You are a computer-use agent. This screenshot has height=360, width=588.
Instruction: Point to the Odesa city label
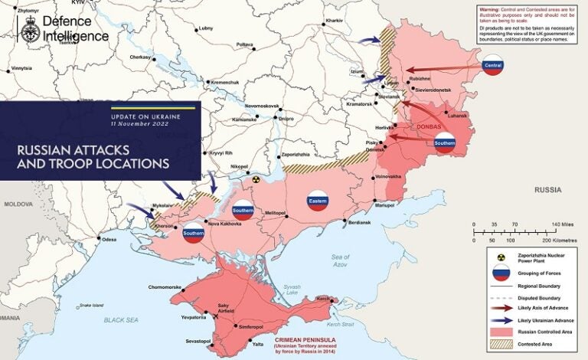pos(109,240)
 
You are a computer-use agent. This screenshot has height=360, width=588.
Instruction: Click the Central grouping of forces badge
pos(492,66)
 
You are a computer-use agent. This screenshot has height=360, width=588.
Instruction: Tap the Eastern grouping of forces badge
pos(317,200)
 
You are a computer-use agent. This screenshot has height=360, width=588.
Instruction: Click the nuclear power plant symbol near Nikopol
pos(257,179)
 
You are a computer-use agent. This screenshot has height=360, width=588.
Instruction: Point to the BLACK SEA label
pos(124,319)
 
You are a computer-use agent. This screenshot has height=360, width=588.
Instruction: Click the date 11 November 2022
pos(139,123)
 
